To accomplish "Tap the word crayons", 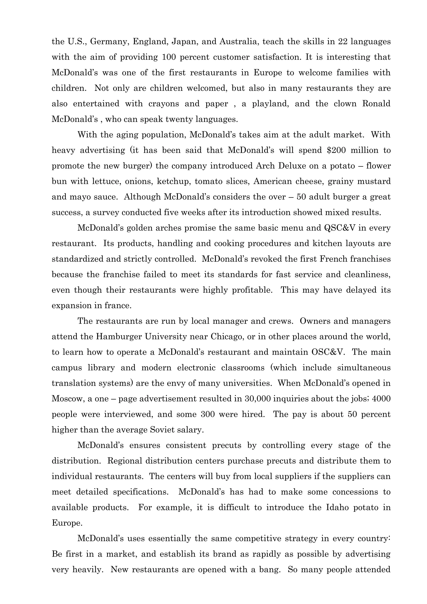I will (163, 104).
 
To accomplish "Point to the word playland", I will (271, 104).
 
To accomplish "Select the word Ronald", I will (376, 104).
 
